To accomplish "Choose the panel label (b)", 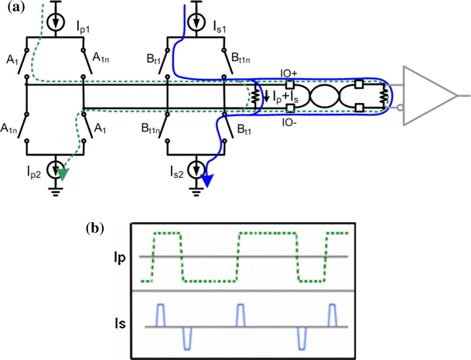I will pyautogui.click(x=95, y=228).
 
